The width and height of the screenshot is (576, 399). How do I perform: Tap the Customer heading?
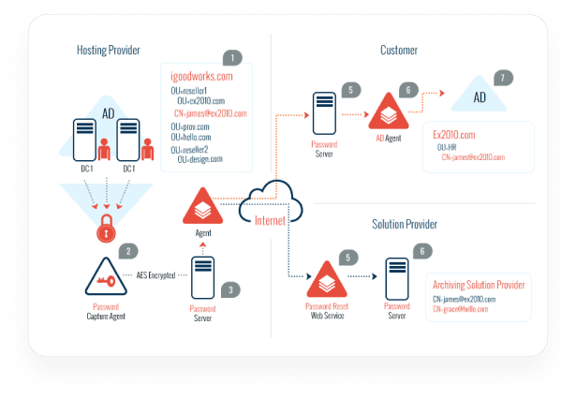pos(398,49)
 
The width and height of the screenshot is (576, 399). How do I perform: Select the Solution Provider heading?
pos(404,225)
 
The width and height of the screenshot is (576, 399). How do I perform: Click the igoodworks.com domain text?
pos(201,76)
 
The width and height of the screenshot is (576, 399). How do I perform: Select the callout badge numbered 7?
pos(505,76)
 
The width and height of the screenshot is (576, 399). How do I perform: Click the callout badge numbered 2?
pos(130,250)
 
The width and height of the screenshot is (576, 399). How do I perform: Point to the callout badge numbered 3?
pos(231,289)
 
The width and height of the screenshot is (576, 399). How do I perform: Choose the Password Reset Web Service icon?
pos(326,278)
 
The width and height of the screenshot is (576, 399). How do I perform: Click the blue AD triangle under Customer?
pos(479,96)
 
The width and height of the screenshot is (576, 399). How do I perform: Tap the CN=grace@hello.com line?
pos(460,308)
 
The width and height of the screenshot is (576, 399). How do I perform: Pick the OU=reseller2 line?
pos(189,149)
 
